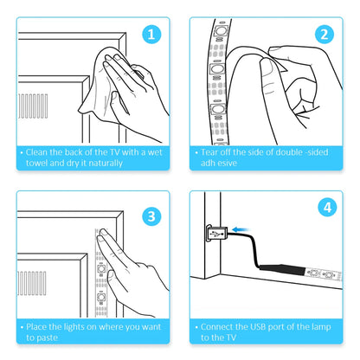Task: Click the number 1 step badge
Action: click(x=151, y=35)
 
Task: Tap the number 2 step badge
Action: click(x=325, y=35)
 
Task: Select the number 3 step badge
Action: click(x=151, y=216)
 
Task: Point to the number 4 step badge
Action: click(x=327, y=208)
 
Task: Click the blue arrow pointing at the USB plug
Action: click(x=241, y=229)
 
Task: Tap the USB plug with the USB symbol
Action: click(x=217, y=234)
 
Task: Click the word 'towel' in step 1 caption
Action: click(x=36, y=163)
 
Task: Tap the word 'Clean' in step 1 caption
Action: click(x=36, y=152)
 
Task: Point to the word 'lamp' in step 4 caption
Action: click(x=321, y=327)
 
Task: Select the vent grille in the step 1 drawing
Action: click(x=33, y=106)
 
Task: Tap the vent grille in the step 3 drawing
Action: click(x=32, y=283)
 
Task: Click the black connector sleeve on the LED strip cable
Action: click(x=282, y=270)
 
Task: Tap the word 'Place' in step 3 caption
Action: click(x=36, y=327)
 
